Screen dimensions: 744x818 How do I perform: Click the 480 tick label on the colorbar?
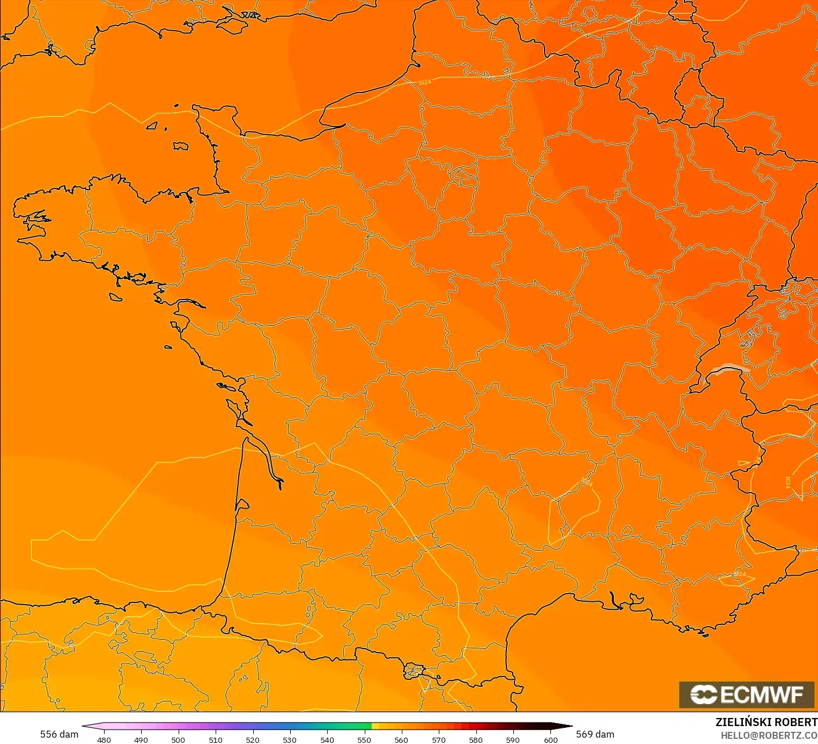tap(104, 740)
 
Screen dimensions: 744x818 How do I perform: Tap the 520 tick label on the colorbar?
tap(253, 740)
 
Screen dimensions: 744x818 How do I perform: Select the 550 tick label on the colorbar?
tap(364, 740)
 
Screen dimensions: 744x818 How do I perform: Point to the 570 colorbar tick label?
tap(439, 740)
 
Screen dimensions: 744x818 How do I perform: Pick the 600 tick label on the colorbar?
tap(550, 740)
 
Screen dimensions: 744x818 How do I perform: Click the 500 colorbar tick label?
tap(178, 740)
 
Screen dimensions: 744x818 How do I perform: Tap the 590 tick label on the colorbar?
tap(513, 740)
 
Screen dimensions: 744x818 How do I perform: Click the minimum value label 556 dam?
tap(59, 734)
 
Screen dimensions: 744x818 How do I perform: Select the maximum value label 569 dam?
tap(595, 734)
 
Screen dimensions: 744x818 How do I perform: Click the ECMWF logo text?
tap(762, 695)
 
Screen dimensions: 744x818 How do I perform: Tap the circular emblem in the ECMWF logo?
tap(704, 695)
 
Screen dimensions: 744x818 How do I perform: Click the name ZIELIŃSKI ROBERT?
tap(766, 722)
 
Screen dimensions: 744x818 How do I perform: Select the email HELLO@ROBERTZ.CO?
tap(769, 735)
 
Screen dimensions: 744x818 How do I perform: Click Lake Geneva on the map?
tap(730, 369)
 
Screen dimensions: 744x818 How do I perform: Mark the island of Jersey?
tap(180, 146)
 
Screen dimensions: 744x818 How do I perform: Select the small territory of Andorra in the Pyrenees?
tap(415, 671)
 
